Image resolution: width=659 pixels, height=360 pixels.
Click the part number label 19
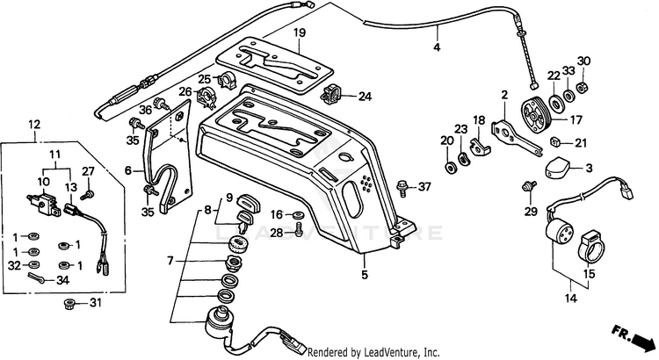click(x=300, y=32)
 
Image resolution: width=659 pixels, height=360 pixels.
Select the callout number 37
click(x=424, y=185)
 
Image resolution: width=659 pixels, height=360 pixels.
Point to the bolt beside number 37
click(x=402, y=188)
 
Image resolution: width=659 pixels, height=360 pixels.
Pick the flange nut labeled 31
click(x=69, y=303)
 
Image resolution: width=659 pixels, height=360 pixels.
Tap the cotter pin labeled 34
click(x=37, y=277)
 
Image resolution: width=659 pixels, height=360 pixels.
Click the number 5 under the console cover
click(x=365, y=275)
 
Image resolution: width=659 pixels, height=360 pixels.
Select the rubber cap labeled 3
click(x=557, y=168)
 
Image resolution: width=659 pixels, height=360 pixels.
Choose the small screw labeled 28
click(x=299, y=229)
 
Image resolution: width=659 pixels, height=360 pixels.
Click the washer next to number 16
click(x=299, y=215)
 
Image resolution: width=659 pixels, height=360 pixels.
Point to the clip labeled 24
click(x=330, y=95)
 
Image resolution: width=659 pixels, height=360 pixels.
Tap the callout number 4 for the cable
click(x=437, y=47)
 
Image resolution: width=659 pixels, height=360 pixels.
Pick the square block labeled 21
click(x=555, y=141)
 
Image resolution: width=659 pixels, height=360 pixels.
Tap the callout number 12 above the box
click(x=34, y=125)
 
